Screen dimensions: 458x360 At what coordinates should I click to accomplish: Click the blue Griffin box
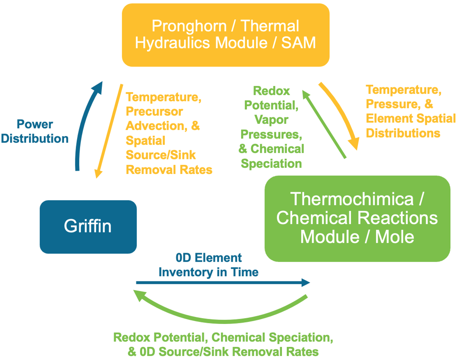click(x=88, y=227)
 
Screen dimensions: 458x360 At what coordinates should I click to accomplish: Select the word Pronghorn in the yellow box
click(x=189, y=26)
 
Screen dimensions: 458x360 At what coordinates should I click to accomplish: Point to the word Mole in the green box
click(x=395, y=237)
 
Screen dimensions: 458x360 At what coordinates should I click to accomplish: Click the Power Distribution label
click(x=35, y=131)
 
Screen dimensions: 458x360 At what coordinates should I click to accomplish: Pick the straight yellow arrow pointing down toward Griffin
click(x=109, y=131)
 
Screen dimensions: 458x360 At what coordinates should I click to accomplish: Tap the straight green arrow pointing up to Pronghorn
click(x=324, y=124)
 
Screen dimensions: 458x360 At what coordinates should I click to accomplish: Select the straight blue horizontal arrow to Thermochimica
click(x=223, y=282)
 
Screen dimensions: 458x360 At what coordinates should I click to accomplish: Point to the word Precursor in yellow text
click(x=154, y=111)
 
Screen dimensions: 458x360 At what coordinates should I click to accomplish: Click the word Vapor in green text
click(x=271, y=120)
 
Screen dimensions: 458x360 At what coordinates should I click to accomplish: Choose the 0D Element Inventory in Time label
click(x=208, y=265)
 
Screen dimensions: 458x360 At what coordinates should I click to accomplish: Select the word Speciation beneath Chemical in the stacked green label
click(x=271, y=163)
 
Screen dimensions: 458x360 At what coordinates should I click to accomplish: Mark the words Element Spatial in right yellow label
click(x=411, y=118)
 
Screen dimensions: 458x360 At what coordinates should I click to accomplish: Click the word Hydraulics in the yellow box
click(x=173, y=43)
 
